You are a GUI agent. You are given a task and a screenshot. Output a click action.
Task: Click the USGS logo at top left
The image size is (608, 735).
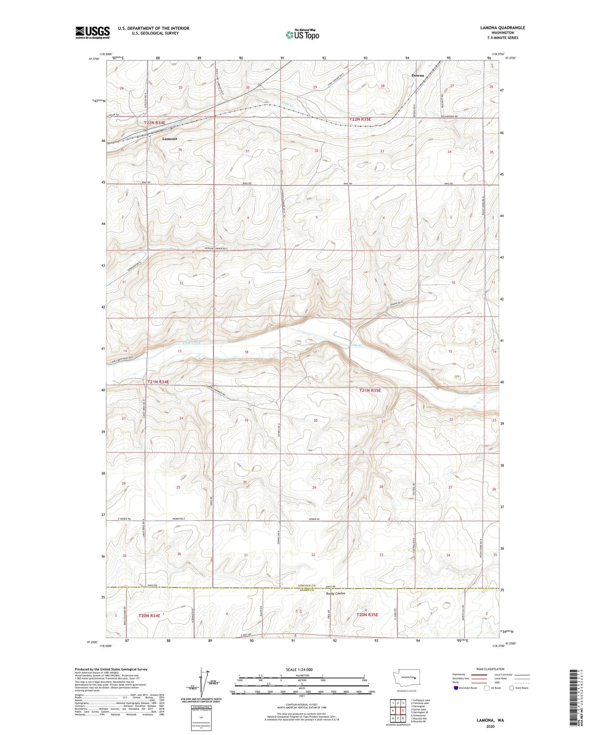click(x=93, y=32)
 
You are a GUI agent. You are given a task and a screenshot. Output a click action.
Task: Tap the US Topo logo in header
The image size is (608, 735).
click(x=302, y=35)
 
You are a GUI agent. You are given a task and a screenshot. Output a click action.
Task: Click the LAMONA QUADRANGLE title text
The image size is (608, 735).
click(x=502, y=28)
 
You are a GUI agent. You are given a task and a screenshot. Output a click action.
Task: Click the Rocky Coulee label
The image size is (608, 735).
click(x=335, y=594)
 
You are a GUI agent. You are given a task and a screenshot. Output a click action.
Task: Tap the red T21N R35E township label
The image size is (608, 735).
click(x=370, y=390)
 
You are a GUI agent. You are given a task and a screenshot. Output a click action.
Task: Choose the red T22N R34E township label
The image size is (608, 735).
click(x=155, y=122)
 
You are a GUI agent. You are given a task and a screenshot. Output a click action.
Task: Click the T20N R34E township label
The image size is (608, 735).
click(x=149, y=615)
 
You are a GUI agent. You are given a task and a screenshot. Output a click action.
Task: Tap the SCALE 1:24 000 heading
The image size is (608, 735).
click(x=299, y=669)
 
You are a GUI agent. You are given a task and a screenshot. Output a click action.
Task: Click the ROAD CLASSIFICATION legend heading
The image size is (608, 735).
click(x=492, y=669)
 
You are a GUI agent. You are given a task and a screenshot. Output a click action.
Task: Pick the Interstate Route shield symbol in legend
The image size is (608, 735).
click(x=456, y=688)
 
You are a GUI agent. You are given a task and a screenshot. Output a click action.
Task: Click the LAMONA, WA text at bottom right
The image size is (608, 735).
click(x=490, y=720)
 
